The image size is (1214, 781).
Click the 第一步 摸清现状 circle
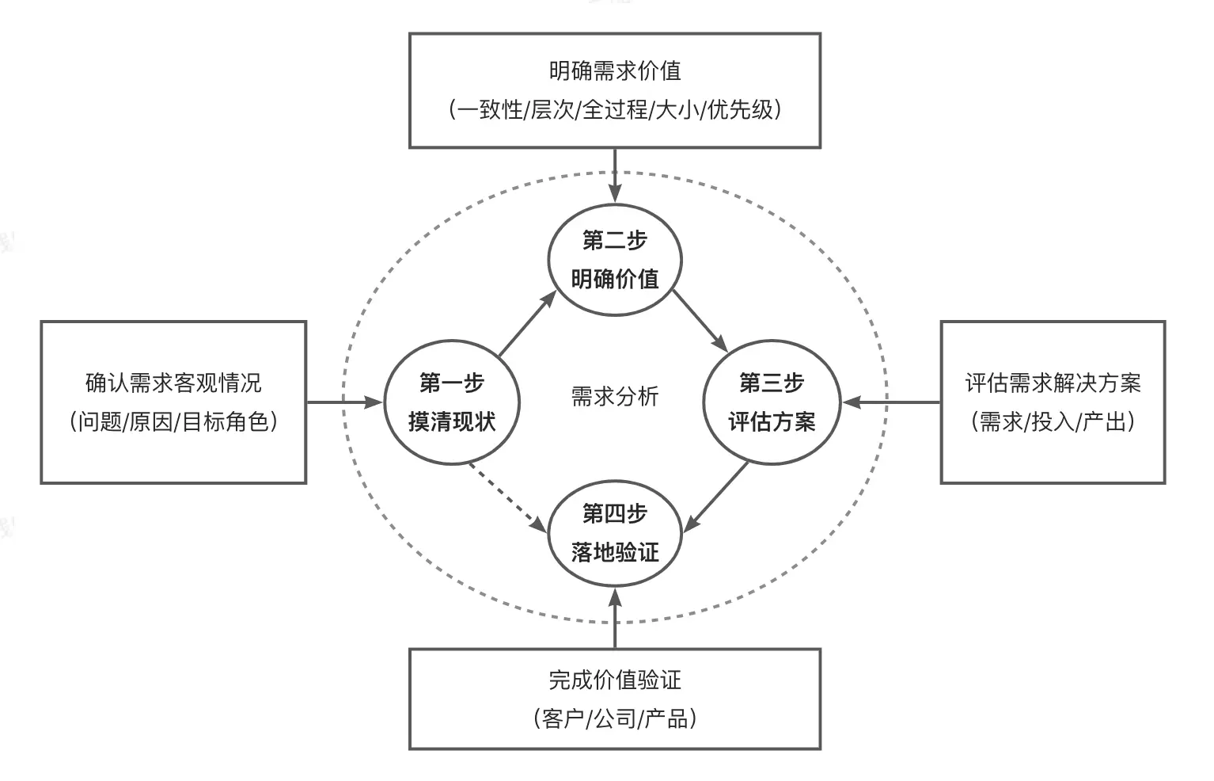point(452,402)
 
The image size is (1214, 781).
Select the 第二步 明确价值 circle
point(615,260)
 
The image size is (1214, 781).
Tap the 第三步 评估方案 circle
point(772,402)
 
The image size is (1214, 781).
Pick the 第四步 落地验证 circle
point(615,533)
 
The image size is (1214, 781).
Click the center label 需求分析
point(615,396)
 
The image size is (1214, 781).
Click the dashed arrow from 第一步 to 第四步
point(506,496)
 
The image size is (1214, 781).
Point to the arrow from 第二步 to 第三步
point(700,320)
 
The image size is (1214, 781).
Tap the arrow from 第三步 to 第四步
point(715,497)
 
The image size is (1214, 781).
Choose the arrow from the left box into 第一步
point(345,402)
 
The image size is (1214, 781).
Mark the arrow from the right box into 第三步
point(891,402)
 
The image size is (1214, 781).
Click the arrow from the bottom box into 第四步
point(615,618)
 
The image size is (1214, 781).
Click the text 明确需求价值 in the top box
point(615,71)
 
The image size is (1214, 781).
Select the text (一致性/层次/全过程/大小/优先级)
point(615,109)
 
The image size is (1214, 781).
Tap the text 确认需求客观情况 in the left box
point(173,383)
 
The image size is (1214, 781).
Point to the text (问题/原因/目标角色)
point(173,421)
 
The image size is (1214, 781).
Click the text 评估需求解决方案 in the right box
point(1053,383)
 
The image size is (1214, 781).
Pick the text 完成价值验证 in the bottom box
point(615,680)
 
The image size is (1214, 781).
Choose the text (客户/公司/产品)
point(615,718)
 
